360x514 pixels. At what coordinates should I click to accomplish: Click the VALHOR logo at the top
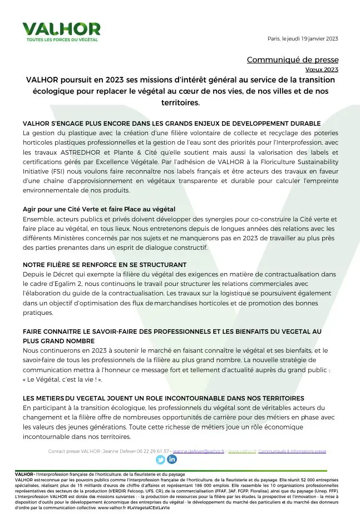click(61, 28)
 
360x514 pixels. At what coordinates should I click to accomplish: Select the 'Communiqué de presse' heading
click(292, 60)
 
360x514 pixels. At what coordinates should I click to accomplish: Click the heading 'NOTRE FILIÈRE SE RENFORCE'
click(105, 264)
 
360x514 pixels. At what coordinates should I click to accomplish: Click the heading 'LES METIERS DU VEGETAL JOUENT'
click(163, 398)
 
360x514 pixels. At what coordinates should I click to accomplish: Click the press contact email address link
click(199, 451)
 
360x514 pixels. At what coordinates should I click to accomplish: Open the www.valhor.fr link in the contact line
click(241, 451)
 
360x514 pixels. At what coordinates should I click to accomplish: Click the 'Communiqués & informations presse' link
click(292, 451)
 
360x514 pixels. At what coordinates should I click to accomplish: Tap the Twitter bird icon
click(160, 459)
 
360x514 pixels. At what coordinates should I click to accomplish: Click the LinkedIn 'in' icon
click(172, 459)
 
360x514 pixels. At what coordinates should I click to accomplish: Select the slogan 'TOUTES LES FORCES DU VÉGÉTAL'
click(62, 40)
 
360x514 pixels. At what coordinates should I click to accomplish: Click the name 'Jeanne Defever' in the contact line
click(106, 451)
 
